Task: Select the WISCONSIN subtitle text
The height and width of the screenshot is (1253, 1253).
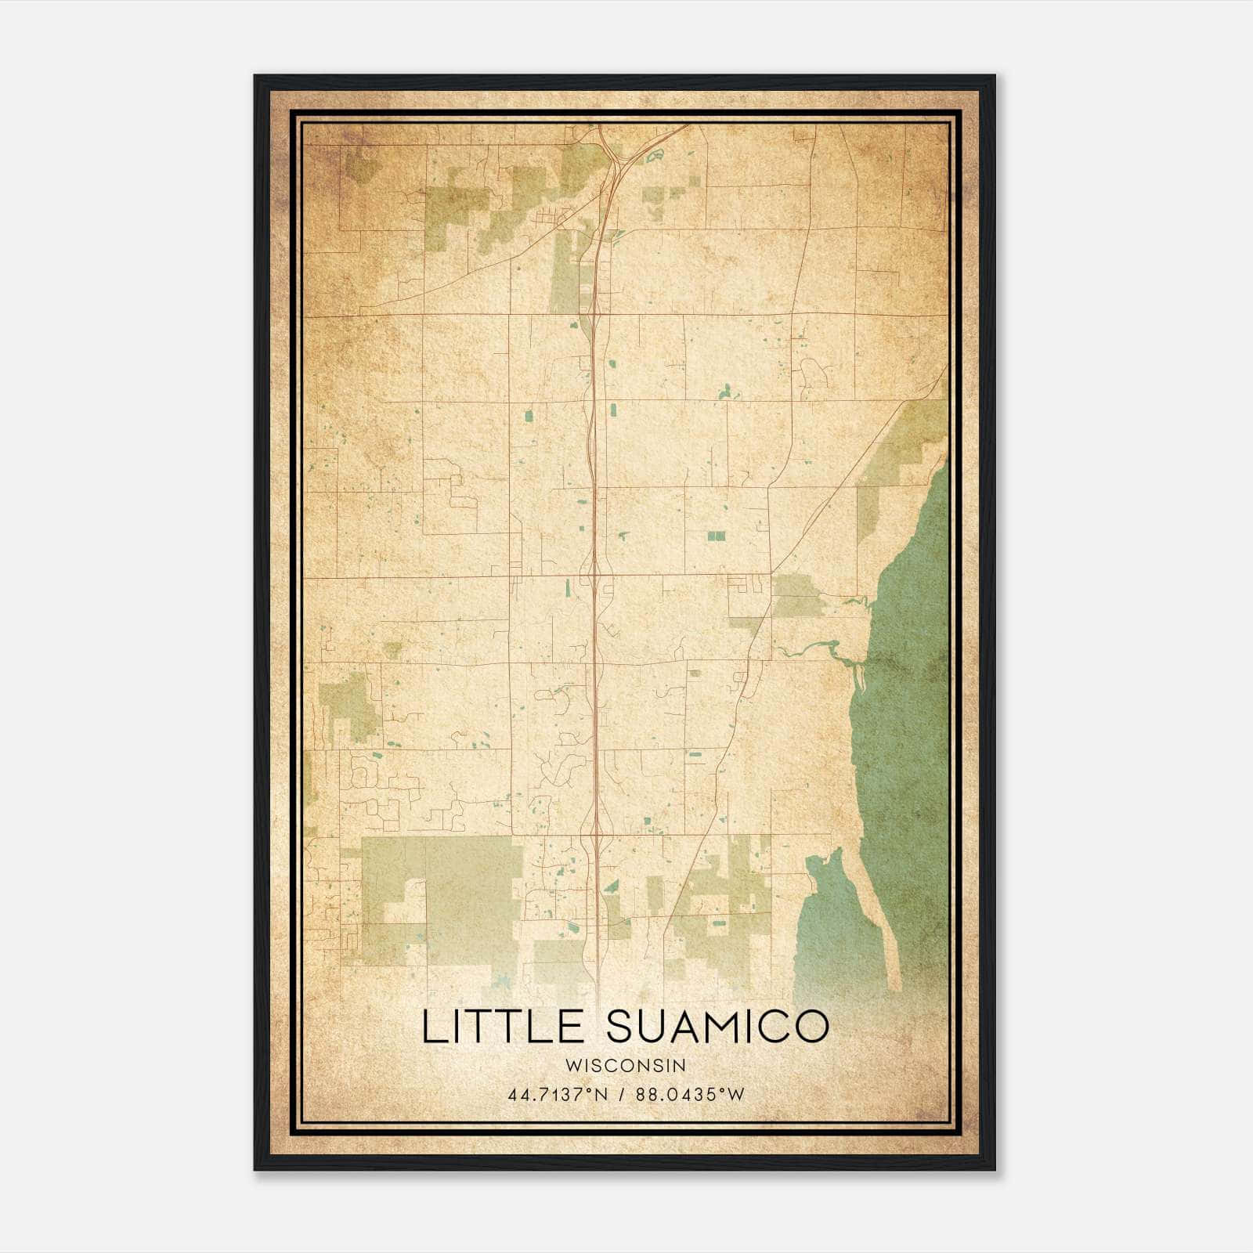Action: coord(626,1065)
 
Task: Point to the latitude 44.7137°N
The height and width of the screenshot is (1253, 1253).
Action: coord(558,1094)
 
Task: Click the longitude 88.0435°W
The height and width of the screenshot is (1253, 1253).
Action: coord(689,1094)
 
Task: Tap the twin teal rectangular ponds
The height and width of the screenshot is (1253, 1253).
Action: coord(716,536)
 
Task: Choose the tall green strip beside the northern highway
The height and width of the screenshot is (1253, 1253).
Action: coord(564,274)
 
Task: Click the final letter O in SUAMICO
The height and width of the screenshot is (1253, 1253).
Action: coord(811,1027)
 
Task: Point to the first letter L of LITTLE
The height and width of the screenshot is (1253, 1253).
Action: coord(432,1027)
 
